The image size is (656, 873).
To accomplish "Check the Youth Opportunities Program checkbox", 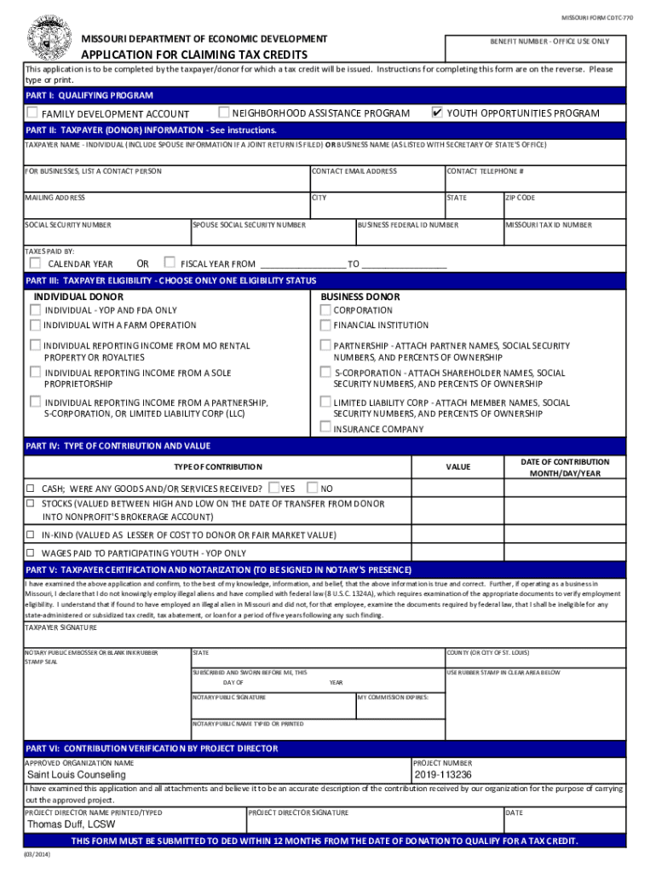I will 437,113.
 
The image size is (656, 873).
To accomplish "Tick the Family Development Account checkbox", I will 32,113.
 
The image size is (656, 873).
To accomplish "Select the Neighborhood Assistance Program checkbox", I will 224,113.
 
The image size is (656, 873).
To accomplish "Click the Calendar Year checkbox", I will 35,263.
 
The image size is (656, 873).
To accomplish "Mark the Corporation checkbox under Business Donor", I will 325,310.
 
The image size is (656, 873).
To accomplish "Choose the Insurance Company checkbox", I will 325,428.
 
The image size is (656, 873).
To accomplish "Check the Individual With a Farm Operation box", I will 35,325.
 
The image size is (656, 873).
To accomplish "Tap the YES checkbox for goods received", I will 273,488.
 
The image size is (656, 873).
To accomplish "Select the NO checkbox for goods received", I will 313,488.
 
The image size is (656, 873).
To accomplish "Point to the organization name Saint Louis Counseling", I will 76,775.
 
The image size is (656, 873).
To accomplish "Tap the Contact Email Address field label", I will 354,171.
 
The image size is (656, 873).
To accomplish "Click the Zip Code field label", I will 521,198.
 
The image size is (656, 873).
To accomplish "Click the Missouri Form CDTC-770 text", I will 596,17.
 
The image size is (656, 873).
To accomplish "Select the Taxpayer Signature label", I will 60,627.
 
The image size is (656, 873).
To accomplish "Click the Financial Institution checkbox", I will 325,325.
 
